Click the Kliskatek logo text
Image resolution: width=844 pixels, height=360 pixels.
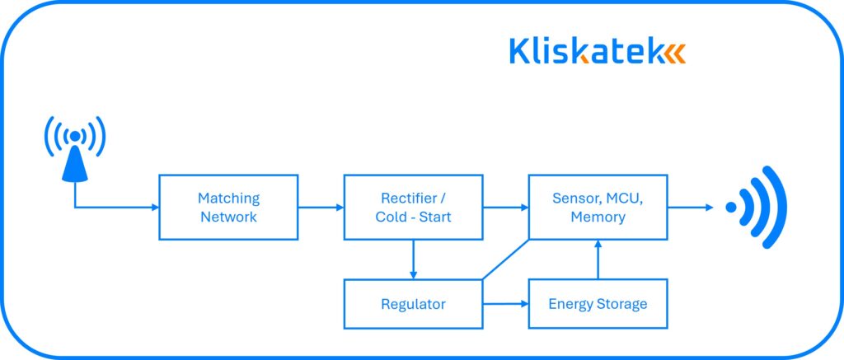[585, 51]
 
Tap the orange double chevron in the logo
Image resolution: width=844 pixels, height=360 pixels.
[674, 53]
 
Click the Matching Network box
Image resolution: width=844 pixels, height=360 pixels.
[227, 208]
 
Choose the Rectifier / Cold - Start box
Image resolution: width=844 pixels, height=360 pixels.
[413, 208]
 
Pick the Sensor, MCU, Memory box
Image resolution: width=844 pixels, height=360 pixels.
[598, 208]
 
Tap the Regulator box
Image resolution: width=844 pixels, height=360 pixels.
[413, 304]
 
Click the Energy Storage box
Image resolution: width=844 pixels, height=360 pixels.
[598, 304]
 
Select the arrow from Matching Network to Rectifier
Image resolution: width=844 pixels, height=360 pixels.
[321, 208]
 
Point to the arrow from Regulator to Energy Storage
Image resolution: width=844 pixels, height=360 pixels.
[505, 304]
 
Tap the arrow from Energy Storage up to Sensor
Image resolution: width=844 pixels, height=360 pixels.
[598, 259]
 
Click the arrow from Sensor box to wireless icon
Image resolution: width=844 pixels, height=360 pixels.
[691, 208]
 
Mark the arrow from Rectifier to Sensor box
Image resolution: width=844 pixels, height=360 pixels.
[505, 208]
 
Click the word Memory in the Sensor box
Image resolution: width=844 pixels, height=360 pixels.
[598, 217]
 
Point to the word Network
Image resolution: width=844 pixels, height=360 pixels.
[228, 217]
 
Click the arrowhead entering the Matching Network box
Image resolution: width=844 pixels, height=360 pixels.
[154, 208]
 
